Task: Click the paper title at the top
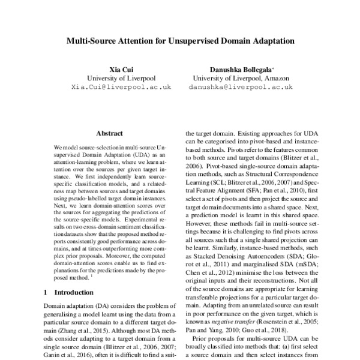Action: click(180, 43)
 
